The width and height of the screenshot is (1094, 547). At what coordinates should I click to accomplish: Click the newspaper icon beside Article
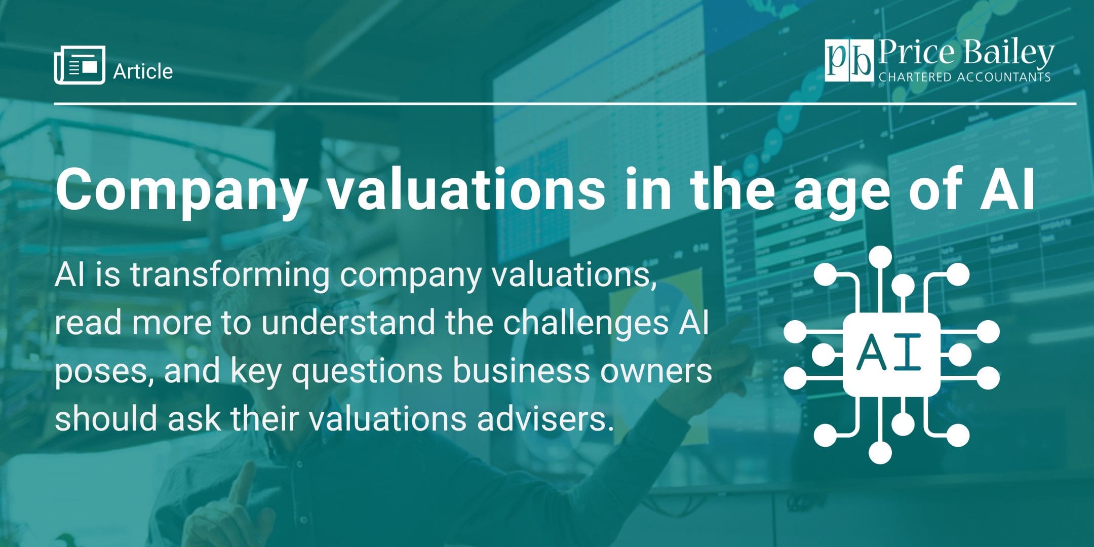pos(80,65)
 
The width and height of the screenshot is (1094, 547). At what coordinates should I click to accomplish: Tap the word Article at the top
pos(143,71)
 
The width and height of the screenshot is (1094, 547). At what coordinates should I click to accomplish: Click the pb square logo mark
pos(849,60)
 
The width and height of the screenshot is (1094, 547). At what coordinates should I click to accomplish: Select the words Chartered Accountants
pos(964,77)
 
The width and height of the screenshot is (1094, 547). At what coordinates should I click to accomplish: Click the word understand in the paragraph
pos(348,323)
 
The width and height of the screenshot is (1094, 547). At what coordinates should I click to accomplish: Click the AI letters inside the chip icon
pos(891,354)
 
